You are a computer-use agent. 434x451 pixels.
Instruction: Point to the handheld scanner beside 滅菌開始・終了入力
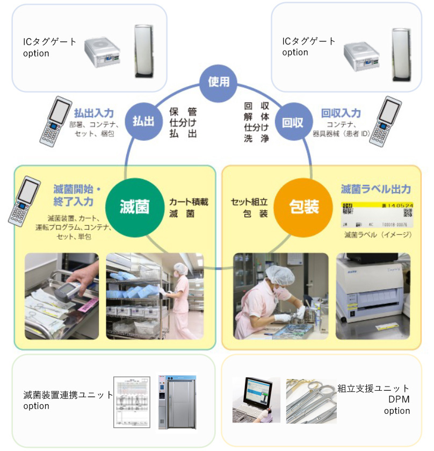pyautogui.click(x=25, y=200)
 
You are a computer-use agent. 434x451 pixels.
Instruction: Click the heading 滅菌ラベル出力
pyautogui.click(x=376, y=189)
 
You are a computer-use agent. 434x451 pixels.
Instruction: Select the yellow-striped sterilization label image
pyautogui.click(x=377, y=214)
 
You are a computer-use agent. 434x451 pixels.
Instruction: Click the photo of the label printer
pyautogui.click(x=373, y=296)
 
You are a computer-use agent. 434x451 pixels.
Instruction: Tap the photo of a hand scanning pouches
pyautogui.click(x=62, y=296)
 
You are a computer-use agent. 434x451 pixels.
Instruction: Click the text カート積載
pyautogui.click(x=189, y=202)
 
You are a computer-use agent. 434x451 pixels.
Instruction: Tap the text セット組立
pyautogui.click(x=249, y=202)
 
